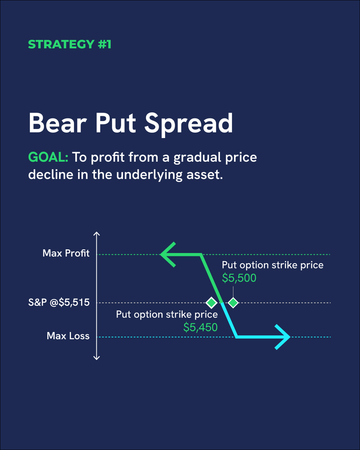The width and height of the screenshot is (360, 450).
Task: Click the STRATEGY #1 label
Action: [70, 44]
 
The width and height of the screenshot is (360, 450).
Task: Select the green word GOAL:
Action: [48, 157]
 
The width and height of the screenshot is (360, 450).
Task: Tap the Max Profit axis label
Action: [66, 253]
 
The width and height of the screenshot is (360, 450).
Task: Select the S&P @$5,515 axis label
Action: [59, 302]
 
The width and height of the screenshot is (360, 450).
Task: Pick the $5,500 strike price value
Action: [239, 278]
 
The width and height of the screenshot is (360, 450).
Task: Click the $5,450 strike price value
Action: [200, 327]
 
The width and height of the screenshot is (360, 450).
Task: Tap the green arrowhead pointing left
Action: [168, 255]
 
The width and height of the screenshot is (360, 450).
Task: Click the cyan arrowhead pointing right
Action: [283, 337]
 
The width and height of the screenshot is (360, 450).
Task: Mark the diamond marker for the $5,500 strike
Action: [233, 302]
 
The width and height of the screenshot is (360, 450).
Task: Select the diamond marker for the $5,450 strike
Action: [211, 302]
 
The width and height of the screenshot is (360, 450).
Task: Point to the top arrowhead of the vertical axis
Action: [97, 234]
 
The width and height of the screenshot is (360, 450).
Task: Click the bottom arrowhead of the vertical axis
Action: [97, 357]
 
